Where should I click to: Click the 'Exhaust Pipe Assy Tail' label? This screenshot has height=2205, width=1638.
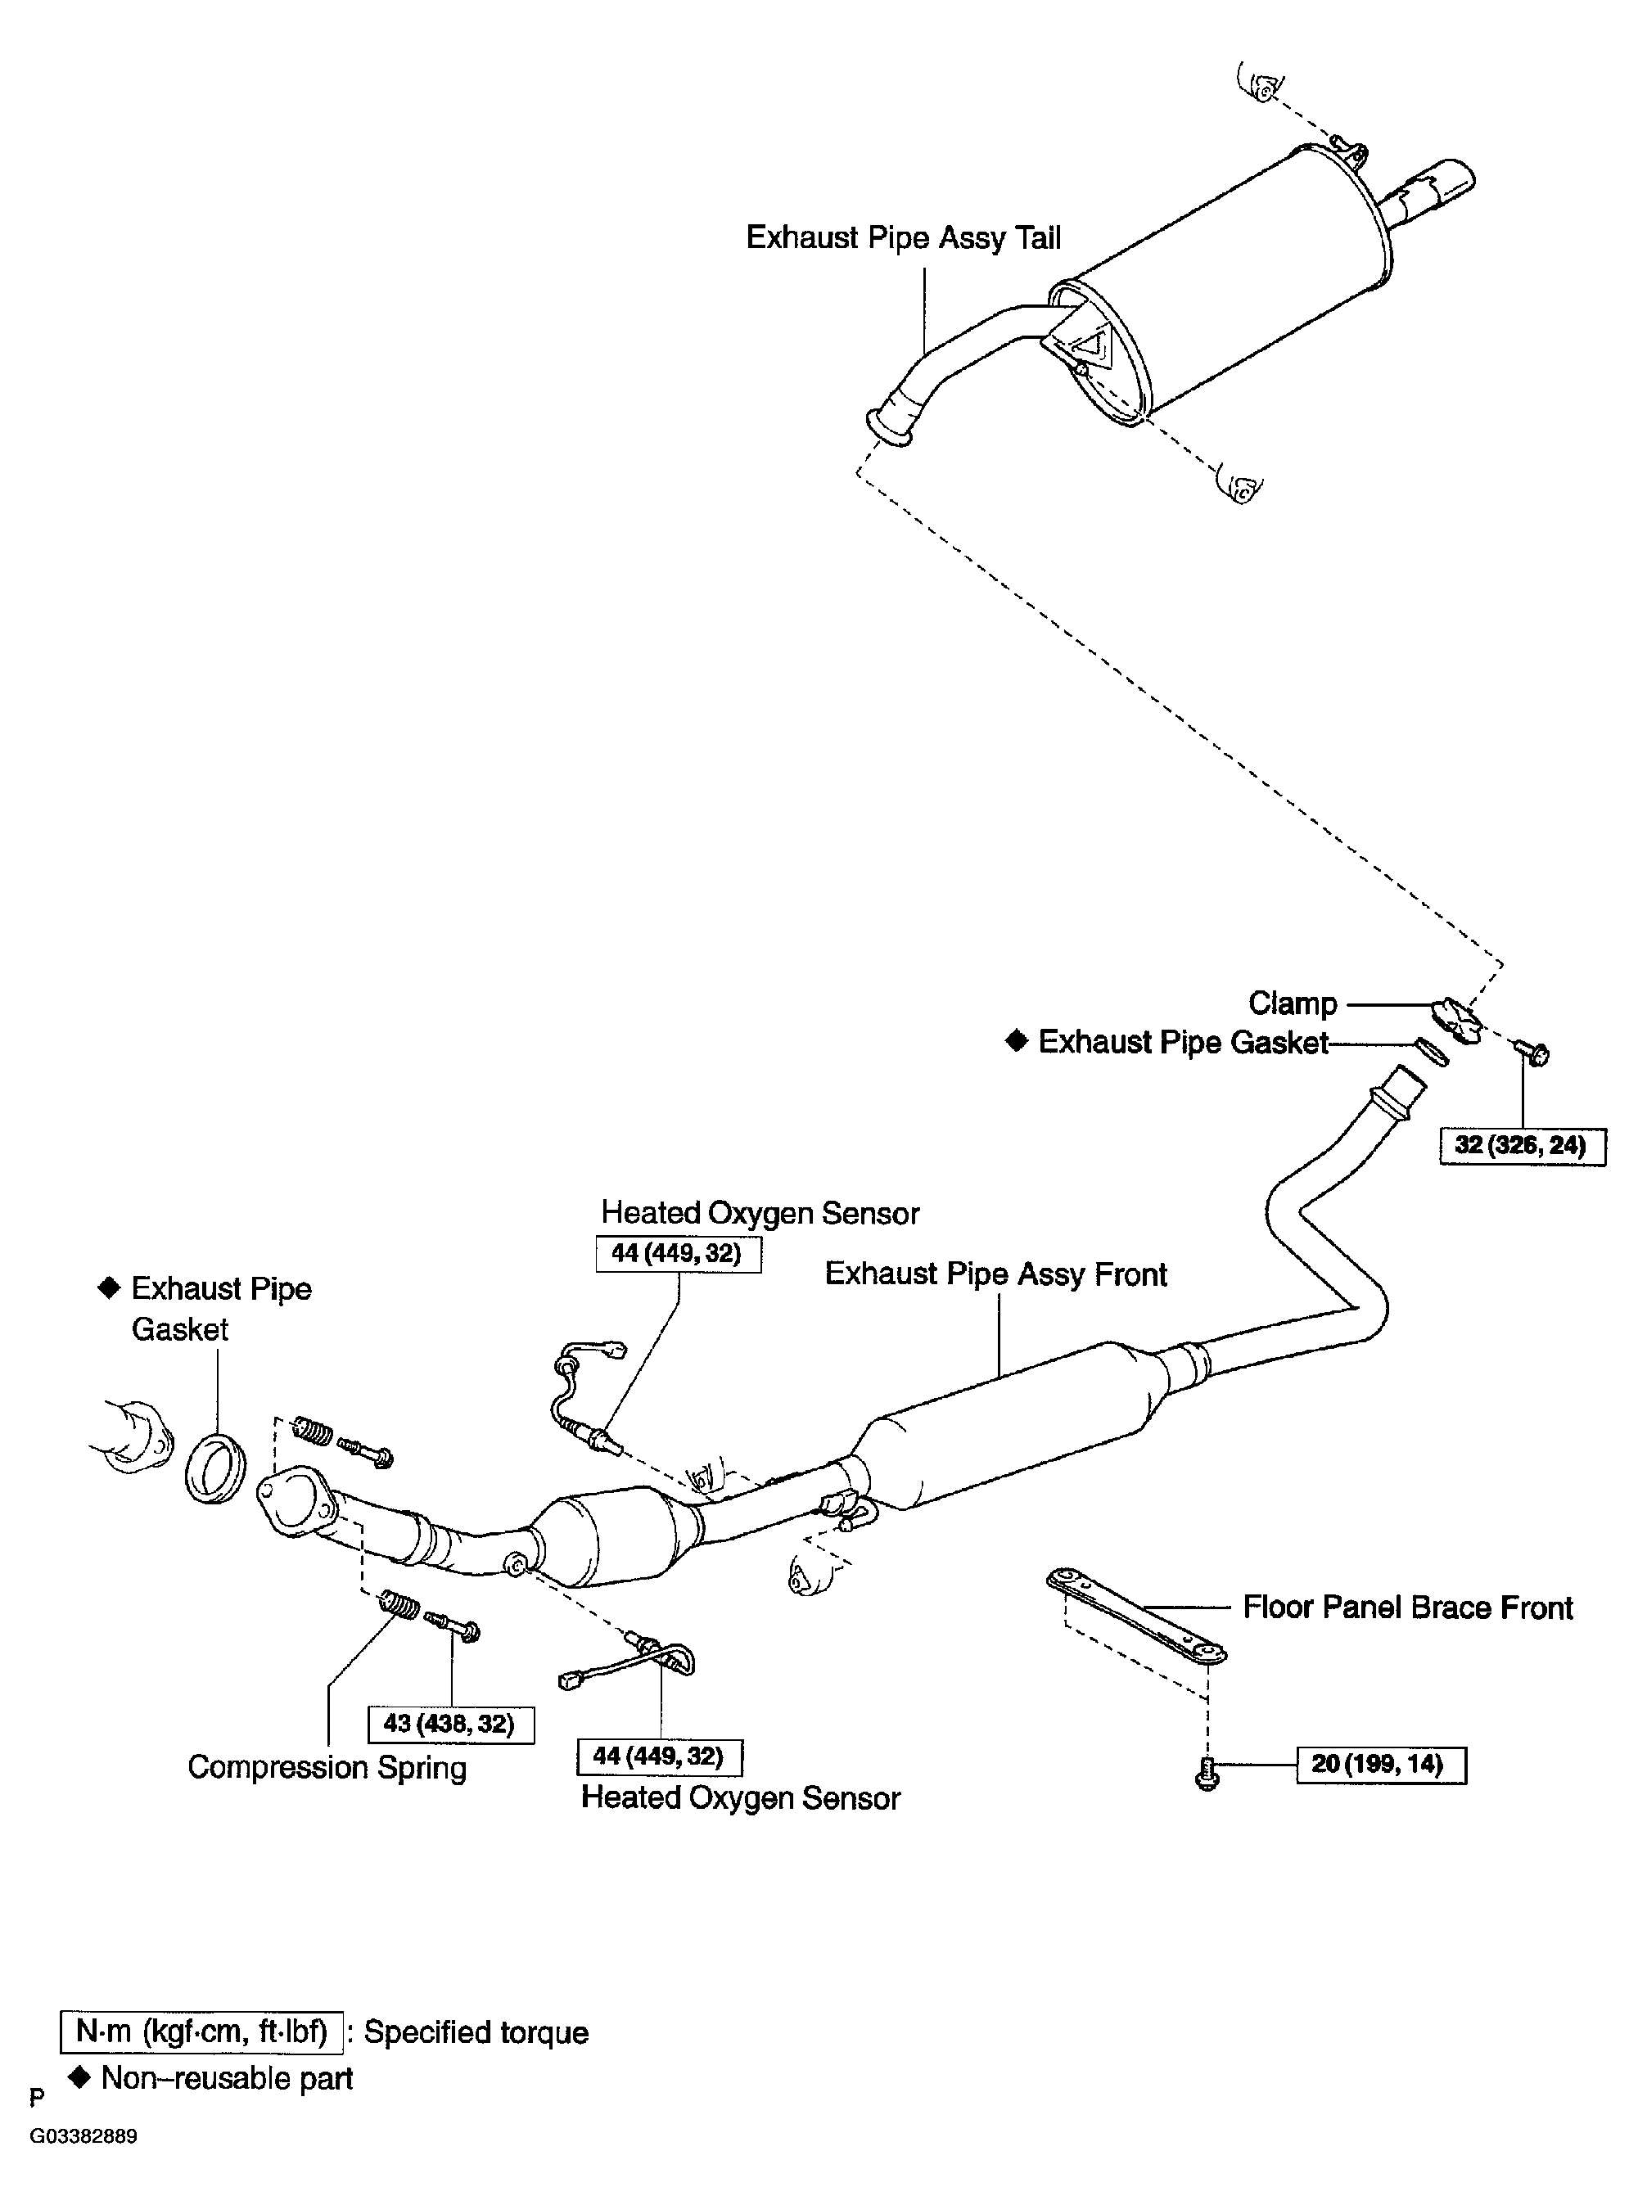(903, 238)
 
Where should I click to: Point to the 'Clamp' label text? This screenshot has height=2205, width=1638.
(1292, 1003)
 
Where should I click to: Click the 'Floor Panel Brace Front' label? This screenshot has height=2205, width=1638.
(1407, 1608)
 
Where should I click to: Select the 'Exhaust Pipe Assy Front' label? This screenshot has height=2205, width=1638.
(995, 1274)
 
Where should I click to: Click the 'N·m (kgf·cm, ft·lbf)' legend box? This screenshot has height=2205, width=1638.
(201, 2031)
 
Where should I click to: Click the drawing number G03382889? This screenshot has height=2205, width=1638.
(83, 2135)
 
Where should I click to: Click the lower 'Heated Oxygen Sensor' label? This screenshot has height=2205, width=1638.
(740, 1797)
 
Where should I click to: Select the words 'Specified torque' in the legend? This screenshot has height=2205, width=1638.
(476, 2032)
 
